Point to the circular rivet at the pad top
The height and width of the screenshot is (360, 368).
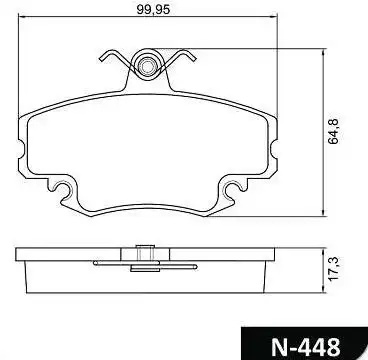(150, 67)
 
